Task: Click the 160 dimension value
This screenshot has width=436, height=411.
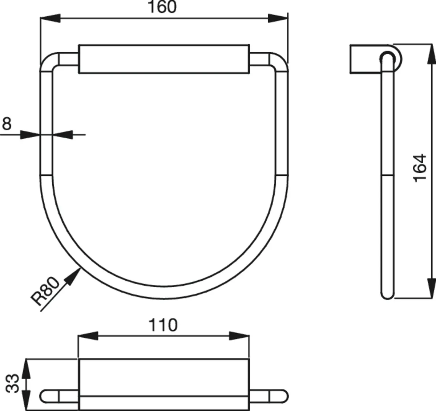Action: coord(162,7)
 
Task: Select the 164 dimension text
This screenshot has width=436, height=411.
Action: coord(420,168)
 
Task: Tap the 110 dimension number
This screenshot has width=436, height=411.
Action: coord(163,325)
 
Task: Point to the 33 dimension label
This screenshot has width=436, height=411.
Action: coord(13,383)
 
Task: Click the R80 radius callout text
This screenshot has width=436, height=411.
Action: coord(45,292)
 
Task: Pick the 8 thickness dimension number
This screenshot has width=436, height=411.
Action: coord(7,124)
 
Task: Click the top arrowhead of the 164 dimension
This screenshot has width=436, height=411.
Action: coord(431,54)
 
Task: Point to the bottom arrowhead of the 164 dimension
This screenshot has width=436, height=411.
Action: coord(431,289)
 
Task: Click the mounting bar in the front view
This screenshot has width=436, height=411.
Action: coord(164,59)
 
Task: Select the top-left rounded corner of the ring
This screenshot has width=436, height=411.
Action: coord(48,62)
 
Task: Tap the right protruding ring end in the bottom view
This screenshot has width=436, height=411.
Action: coord(278,396)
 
